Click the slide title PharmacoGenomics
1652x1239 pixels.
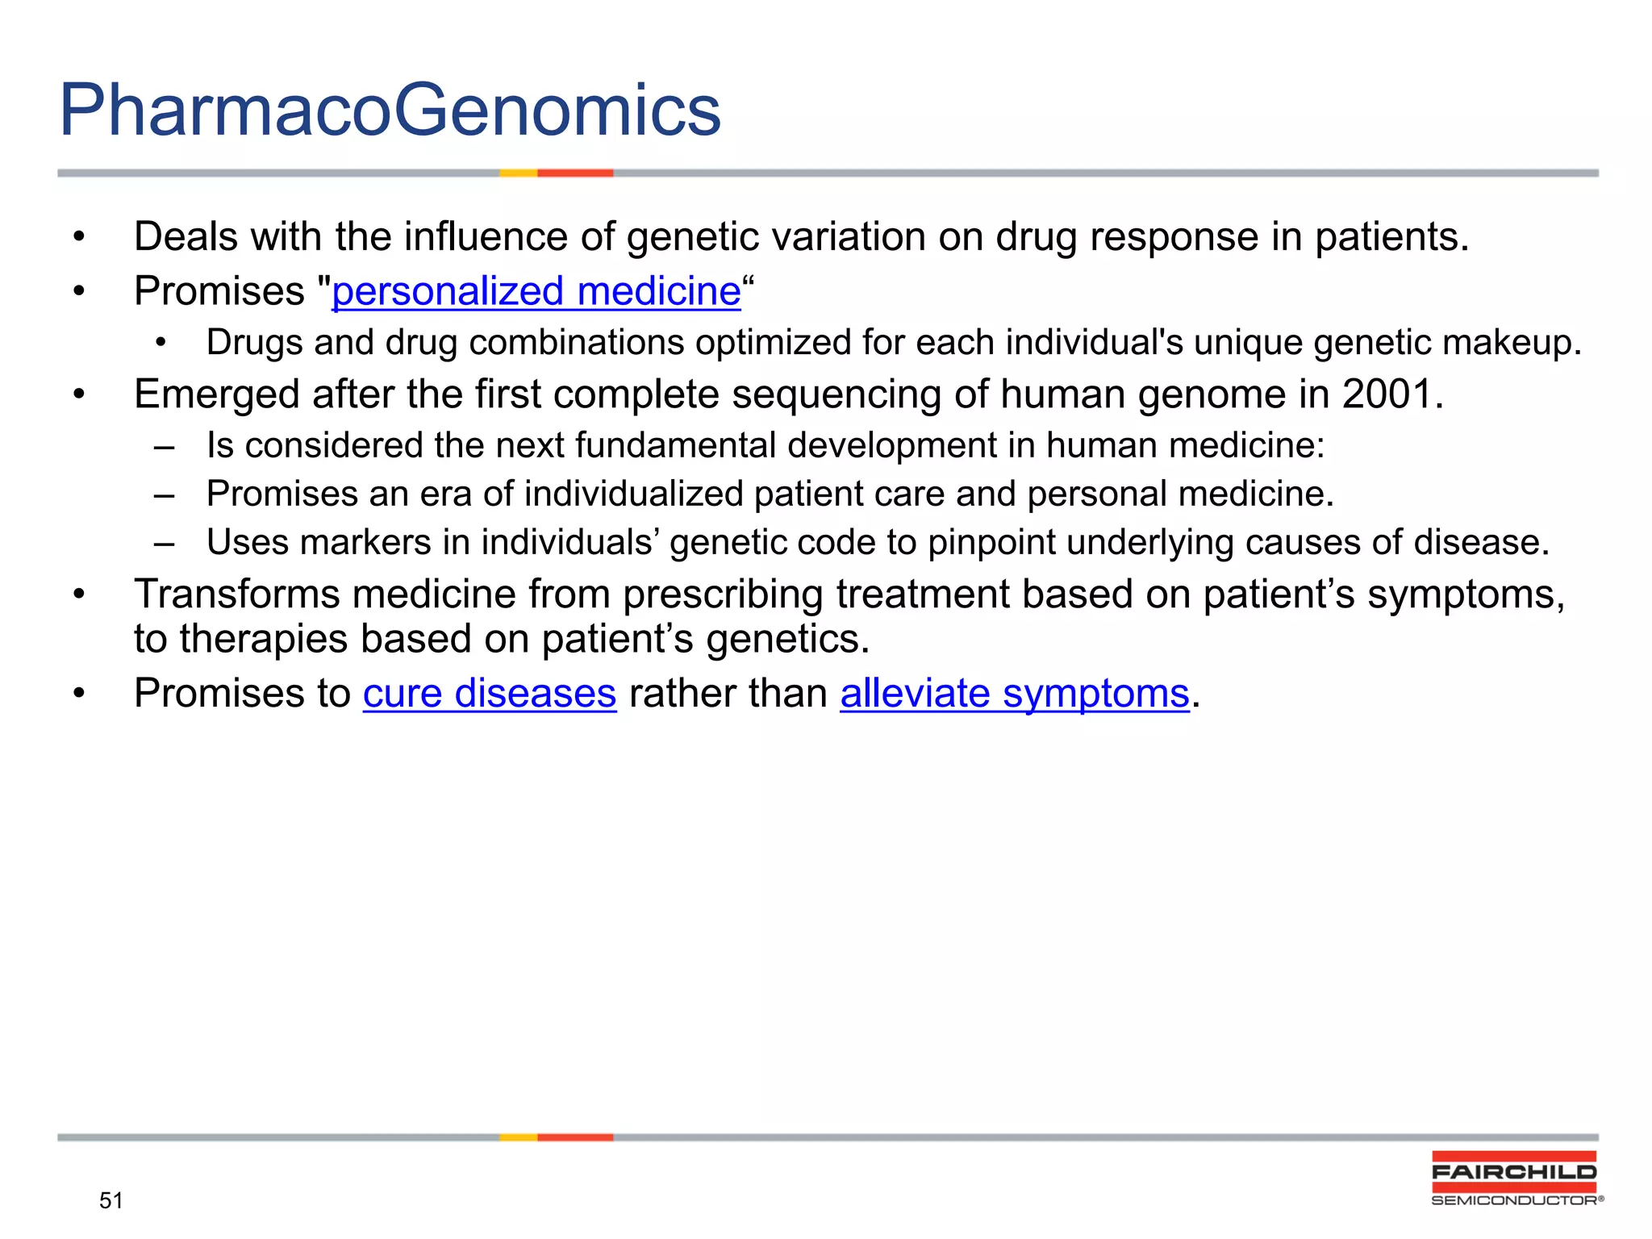(390, 111)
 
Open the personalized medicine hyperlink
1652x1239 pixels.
(536, 291)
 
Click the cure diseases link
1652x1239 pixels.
(489, 694)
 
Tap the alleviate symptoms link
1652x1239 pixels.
(1014, 694)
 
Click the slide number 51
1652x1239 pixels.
(111, 1200)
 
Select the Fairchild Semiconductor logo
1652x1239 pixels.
(1514, 1179)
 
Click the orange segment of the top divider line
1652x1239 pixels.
(575, 173)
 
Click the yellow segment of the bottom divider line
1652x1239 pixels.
(518, 1137)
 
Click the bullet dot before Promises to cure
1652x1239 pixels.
(78, 694)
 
